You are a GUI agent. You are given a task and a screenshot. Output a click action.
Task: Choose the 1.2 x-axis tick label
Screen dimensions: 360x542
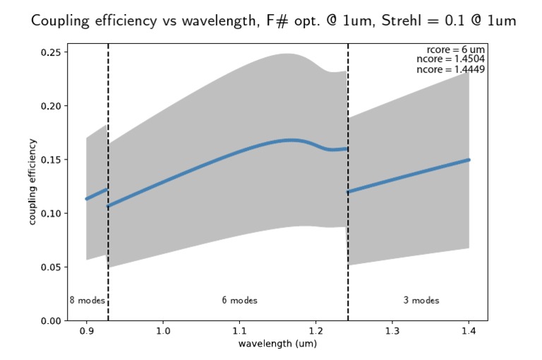click(x=316, y=330)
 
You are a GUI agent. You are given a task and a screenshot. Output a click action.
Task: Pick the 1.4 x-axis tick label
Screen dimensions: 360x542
click(x=469, y=330)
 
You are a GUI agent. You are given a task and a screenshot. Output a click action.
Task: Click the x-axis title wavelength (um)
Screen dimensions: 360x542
click(x=277, y=344)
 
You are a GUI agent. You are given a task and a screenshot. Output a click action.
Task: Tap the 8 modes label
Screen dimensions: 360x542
click(x=87, y=301)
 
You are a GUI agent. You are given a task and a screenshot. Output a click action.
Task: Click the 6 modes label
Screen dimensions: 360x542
click(x=239, y=301)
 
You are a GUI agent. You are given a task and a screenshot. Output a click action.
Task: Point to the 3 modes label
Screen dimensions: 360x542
click(x=421, y=301)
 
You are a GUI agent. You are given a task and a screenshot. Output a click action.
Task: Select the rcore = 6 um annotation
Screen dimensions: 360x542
click(x=456, y=49)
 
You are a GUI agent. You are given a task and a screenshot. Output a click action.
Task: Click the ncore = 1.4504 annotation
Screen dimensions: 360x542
click(x=451, y=60)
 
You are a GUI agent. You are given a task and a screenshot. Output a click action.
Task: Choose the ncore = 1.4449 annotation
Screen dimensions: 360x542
click(x=451, y=70)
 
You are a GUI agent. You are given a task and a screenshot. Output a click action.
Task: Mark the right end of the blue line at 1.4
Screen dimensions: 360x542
click(x=469, y=160)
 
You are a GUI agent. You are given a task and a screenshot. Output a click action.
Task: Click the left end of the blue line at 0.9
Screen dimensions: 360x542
click(x=86, y=199)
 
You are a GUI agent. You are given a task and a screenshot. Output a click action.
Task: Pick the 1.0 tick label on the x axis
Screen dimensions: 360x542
click(x=163, y=330)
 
